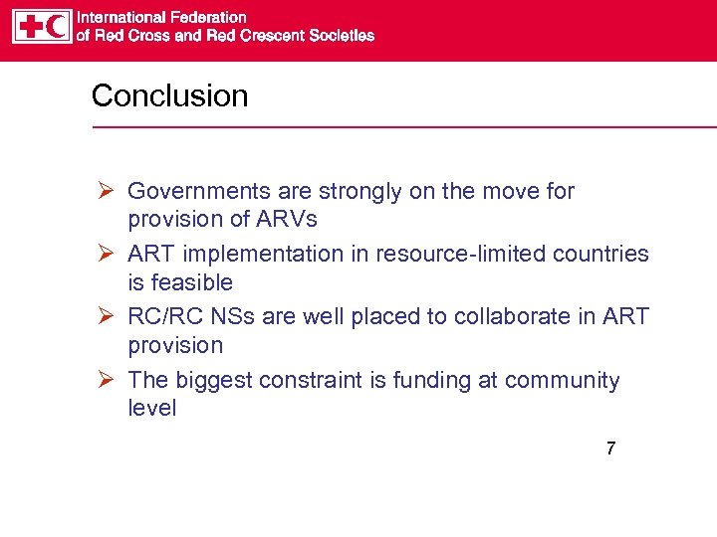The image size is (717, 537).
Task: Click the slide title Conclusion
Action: [x=169, y=96]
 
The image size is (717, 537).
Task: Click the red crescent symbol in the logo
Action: [x=57, y=26]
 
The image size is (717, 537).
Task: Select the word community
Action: [x=563, y=381]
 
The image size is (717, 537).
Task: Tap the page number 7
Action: [x=610, y=448]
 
